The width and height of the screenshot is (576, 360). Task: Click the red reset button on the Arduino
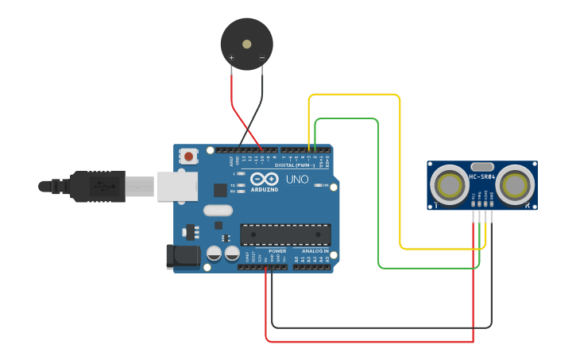coord(187,157)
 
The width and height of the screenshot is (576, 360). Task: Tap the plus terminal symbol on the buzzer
coord(231,58)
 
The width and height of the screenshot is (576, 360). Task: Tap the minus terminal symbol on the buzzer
coord(261,58)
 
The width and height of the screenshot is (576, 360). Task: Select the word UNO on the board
coord(297,180)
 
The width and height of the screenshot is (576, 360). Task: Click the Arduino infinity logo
coord(264,180)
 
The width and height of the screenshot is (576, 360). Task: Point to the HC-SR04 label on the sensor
coord(482,176)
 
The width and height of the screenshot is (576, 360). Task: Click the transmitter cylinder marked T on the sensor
coord(450,185)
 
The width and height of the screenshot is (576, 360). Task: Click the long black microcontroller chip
coord(285,234)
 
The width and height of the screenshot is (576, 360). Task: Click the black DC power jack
coord(180,257)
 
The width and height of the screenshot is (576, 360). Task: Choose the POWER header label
coord(276,250)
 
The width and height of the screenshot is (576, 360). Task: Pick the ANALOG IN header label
coord(314,250)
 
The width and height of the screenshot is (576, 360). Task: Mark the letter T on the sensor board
coord(436,206)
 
